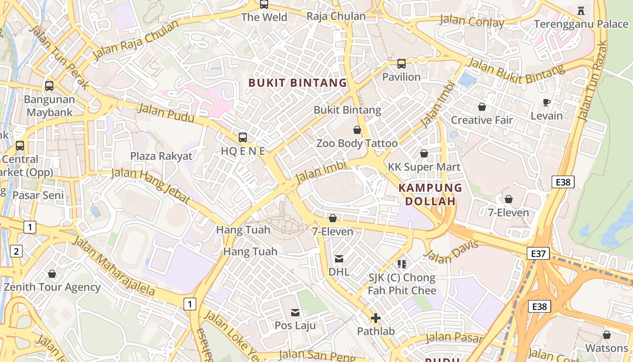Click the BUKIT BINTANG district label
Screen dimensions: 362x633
tap(298, 83)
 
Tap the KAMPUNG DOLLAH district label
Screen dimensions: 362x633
tap(430, 195)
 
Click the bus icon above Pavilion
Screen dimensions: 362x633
tap(401, 64)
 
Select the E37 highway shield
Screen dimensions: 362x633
tap(538, 253)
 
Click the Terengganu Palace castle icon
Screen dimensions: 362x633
tap(581, 10)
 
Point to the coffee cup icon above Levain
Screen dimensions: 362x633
tap(546, 103)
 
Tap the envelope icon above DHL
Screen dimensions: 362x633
tap(339, 259)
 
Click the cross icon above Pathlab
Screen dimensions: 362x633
tap(375, 318)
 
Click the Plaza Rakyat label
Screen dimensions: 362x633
tap(161, 156)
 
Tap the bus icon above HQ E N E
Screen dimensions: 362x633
tap(243, 138)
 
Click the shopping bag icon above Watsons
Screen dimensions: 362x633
tap(606, 335)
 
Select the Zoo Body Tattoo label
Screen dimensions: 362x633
tap(357, 143)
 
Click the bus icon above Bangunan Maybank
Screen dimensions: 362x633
tap(49, 86)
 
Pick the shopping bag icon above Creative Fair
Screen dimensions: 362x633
tap(482, 107)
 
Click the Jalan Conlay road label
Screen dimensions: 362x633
tap(472, 21)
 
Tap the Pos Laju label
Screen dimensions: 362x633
tap(295, 325)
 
